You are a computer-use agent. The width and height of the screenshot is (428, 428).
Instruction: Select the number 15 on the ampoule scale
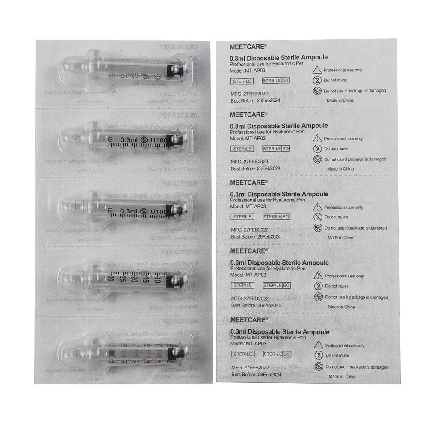(x=145, y=280)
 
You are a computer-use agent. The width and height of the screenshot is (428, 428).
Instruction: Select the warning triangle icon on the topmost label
(x=317, y=70)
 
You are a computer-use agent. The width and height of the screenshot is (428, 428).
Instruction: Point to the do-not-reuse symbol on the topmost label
(x=317, y=80)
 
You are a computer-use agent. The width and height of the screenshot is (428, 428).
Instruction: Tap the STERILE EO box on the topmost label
(x=276, y=80)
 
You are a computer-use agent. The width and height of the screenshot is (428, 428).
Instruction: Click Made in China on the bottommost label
(x=342, y=376)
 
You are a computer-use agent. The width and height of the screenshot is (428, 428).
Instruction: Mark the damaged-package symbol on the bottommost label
(x=318, y=366)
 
